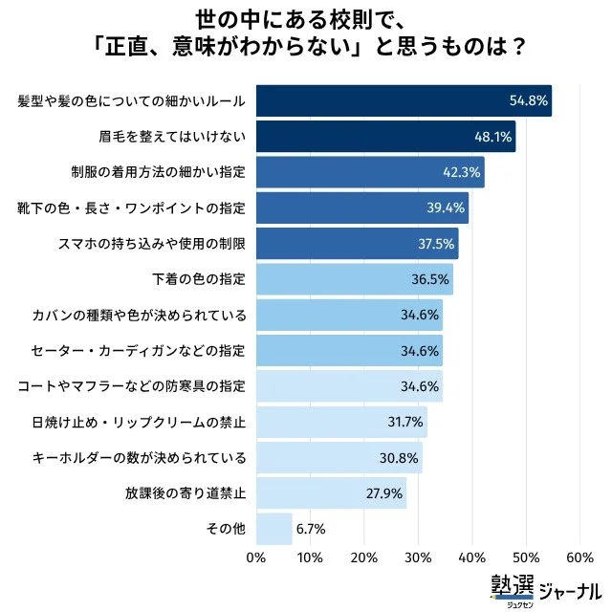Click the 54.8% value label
527,100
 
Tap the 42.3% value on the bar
462,172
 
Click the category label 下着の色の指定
199,279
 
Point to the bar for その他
273,529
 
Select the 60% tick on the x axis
579,557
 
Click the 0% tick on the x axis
255,557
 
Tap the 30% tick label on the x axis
417,557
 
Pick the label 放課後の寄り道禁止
186,493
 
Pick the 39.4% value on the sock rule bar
447,208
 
